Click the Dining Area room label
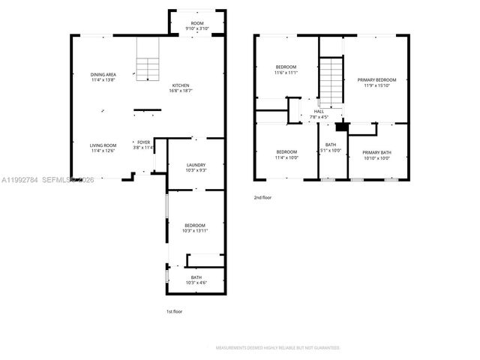pos(103,77)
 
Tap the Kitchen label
pos(181,87)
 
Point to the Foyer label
pos(142,145)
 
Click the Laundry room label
pos(196,168)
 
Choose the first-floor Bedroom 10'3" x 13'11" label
pos(195,228)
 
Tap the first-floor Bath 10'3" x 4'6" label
pos(196,280)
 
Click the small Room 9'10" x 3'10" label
pos(197,26)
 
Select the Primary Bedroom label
pos(376,82)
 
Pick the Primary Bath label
pos(376,155)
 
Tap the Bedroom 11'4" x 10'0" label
pos(286,155)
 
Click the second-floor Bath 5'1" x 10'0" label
pos(331,148)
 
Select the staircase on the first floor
pos(148,59)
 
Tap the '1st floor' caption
pos(174,311)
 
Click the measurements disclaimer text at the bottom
pos(277,348)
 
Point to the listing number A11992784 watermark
pos(19,180)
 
